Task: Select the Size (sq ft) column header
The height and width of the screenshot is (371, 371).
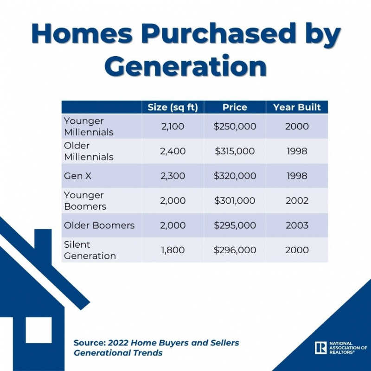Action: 173,108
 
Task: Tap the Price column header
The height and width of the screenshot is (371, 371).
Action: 235,108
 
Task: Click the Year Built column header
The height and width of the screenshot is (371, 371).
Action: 297,108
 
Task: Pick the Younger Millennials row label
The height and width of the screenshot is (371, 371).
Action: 89,127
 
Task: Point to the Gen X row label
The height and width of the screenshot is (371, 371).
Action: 77,176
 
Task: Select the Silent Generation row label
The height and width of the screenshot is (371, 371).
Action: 90,250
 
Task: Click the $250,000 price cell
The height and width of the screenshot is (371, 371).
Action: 235,126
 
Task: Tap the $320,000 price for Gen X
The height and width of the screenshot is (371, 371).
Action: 235,176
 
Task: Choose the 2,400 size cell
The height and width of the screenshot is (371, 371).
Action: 173,151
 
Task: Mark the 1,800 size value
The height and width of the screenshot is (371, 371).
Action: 173,250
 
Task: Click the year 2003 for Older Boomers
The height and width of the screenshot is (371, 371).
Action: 297,225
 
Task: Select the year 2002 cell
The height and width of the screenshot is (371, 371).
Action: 297,201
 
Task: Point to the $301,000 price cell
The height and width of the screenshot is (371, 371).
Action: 235,201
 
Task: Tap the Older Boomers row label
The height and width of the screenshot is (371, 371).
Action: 99,225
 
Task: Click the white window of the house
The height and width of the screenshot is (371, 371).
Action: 38,330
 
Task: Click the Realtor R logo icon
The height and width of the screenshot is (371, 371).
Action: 321,347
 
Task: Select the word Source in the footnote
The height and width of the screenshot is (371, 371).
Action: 90,343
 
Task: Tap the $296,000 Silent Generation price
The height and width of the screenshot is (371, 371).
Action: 235,250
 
